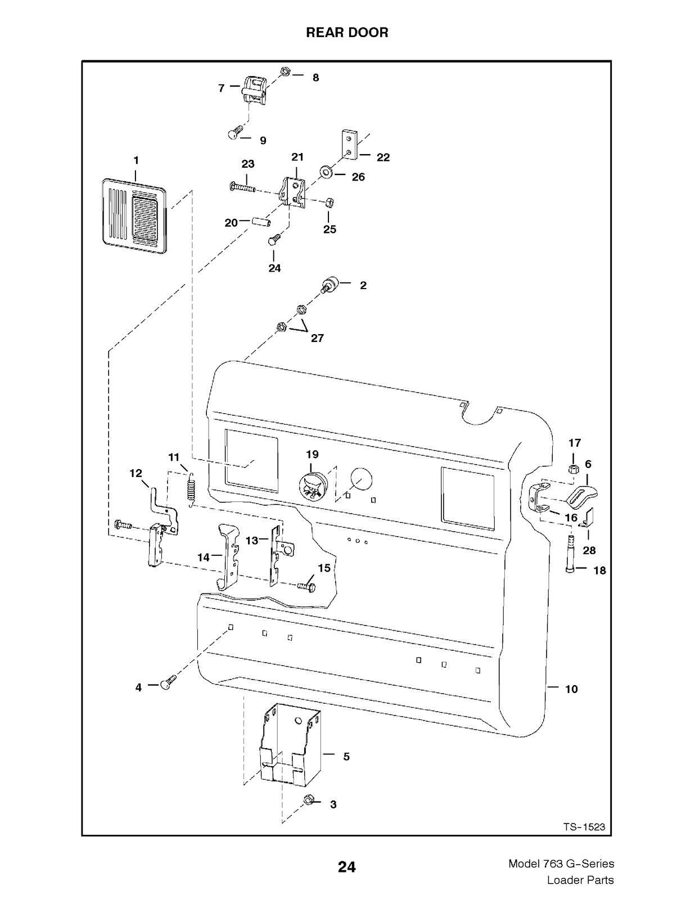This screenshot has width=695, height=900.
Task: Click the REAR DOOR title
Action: click(x=347, y=32)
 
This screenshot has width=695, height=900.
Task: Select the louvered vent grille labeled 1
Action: click(x=134, y=216)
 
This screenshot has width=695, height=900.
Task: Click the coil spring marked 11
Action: click(x=191, y=489)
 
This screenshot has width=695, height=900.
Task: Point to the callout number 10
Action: click(x=571, y=688)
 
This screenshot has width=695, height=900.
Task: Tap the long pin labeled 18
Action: click(x=570, y=553)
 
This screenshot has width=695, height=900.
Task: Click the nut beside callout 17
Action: click(x=574, y=469)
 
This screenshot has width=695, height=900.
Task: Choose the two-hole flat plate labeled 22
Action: click(x=349, y=145)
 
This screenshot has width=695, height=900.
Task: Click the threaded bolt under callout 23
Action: click(x=242, y=187)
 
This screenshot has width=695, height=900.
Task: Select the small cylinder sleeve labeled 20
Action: click(x=261, y=222)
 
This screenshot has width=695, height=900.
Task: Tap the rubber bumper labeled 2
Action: click(x=330, y=285)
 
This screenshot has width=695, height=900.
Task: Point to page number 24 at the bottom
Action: click(x=347, y=867)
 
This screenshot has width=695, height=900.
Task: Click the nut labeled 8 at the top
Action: click(x=285, y=71)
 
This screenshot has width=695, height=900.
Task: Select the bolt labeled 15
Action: click(x=306, y=586)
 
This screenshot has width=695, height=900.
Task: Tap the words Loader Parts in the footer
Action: click(x=580, y=880)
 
